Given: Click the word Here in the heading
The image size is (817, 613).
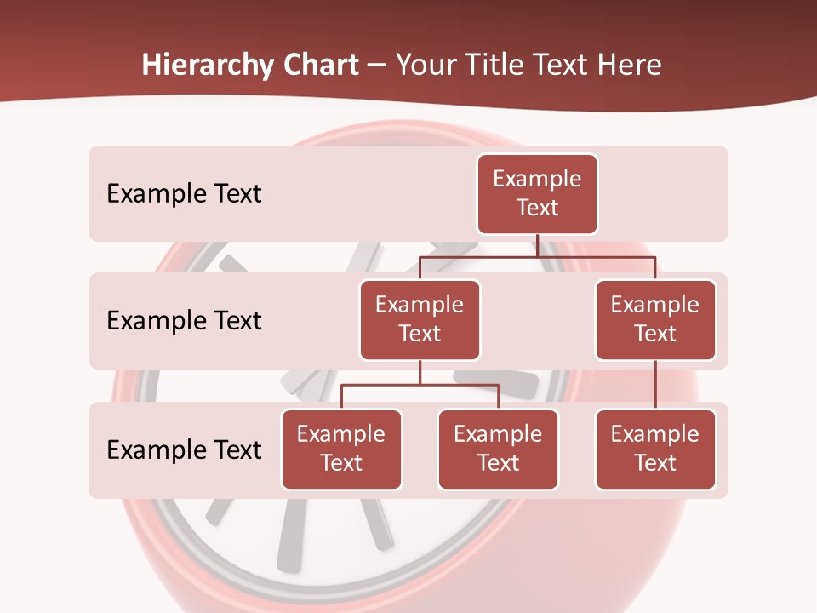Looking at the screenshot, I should (x=630, y=66).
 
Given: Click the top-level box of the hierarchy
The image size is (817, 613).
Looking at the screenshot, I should (x=537, y=194).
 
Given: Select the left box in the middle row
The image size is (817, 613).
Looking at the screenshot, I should (x=420, y=320).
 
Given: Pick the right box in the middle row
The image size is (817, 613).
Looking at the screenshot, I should (x=655, y=320).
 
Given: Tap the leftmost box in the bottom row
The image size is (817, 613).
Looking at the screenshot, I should (x=341, y=450).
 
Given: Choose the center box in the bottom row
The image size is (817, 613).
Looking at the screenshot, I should (x=498, y=450).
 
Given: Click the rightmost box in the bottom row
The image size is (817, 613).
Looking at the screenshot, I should (x=655, y=450).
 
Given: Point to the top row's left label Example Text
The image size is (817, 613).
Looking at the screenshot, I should (x=184, y=194).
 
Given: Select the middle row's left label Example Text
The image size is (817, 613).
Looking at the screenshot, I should (x=184, y=321).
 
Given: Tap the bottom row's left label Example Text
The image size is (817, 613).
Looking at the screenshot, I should (x=184, y=450).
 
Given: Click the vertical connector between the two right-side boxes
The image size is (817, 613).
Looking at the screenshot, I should (x=655, y=385).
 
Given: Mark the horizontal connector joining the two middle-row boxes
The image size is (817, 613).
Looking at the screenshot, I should (x=537, y=256).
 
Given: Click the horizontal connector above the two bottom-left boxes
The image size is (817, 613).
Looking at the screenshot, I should (x=420, y=385).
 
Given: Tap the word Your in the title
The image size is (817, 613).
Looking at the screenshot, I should (x=424, y=66).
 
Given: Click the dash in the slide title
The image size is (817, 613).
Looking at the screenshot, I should (x=377, y=66).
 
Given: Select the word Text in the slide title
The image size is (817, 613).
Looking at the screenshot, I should (x=563, y=66).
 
